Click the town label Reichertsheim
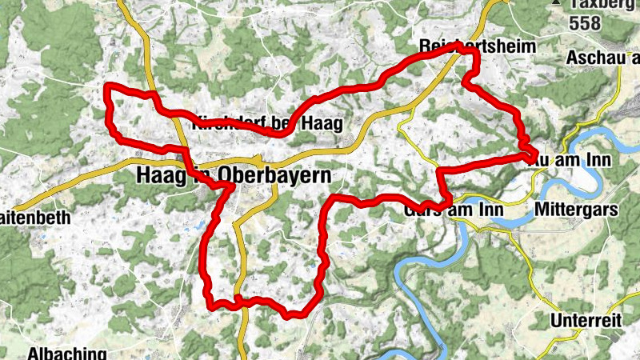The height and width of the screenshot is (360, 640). click(477, 46)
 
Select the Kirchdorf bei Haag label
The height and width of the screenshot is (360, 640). click(267, 124)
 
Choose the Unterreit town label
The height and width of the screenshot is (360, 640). click(586, 321)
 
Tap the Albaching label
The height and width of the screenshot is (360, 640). click(67, 353)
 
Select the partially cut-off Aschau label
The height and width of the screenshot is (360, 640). click(602, 58)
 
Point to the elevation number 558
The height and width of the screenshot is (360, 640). click(586, 24)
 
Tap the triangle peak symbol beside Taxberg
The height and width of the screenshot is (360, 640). click(555, 4)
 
